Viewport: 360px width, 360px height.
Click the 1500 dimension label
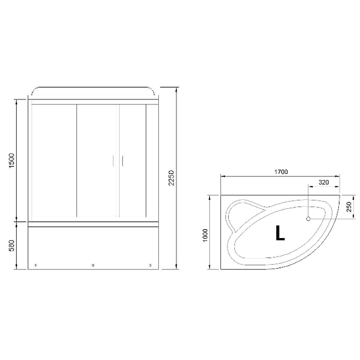coord(12,161)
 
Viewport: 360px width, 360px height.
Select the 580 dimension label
coord(12,246)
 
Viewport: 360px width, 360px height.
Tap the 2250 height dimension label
coord(171,178)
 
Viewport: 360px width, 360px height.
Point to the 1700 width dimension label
coord(281,172)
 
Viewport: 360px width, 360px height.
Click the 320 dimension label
coord(324,182)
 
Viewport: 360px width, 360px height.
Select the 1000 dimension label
coord(205,235)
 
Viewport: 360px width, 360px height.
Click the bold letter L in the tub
coord(280,233)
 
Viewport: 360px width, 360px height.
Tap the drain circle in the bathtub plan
coord(308,219)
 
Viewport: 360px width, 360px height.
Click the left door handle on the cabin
coord(113,161)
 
